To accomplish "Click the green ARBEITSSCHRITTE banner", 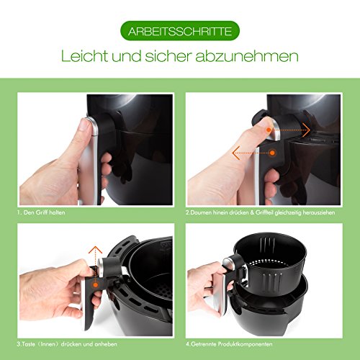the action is pos(180,31).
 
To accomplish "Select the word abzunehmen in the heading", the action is pos(247,56).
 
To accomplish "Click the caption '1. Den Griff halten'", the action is pos(41,212).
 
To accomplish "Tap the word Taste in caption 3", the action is pos(28,344).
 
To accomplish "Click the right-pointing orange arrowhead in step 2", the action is pos(307,130).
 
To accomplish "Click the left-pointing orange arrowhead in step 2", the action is pos(235,153).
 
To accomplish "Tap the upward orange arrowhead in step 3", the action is pos(95,250).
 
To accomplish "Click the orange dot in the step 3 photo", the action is pos(96,285).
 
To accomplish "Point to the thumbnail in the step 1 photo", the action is pos(84,125).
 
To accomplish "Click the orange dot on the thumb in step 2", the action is pos(269,130).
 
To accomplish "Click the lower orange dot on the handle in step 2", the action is pos(272,153).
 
